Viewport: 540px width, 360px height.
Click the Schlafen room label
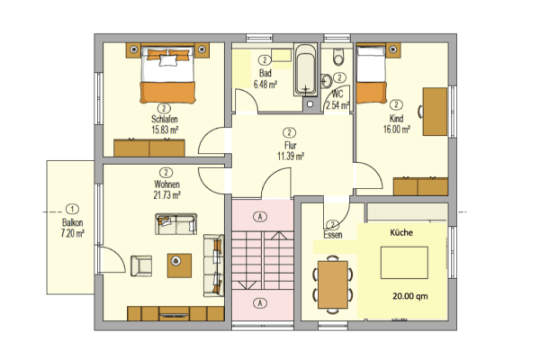(165, 118)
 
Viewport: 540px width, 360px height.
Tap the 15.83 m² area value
(165, 129)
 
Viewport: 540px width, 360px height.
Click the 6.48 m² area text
(265, 84)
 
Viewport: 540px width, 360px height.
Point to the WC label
(337, 94)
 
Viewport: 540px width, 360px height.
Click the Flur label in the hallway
(290, 144)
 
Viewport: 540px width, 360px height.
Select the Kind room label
(396, 118)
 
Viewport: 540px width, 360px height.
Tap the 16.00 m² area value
(396, 129)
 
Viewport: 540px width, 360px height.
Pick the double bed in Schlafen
(166, 75)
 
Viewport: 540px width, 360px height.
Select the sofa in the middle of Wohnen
(175, 223)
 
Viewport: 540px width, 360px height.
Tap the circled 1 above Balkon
(73, 208)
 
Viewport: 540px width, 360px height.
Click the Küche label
(401, 232)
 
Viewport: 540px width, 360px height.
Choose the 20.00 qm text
(410, 294)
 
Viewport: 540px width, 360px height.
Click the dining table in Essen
(333, 283)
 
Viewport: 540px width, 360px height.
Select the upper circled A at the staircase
(261, 217)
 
